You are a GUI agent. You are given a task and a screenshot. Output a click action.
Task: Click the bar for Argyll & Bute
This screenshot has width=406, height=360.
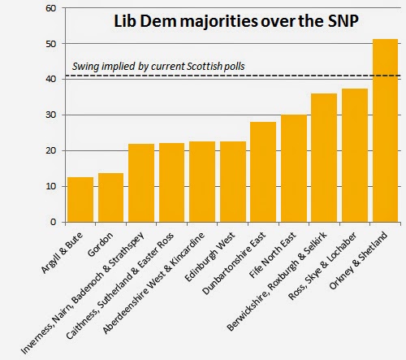[80, 200]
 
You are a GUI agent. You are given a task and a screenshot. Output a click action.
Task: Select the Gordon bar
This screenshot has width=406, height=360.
[110, 197]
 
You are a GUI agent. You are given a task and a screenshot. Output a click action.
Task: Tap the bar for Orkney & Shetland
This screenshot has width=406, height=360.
[386, 131]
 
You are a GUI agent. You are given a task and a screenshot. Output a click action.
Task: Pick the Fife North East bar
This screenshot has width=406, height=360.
[294, 168]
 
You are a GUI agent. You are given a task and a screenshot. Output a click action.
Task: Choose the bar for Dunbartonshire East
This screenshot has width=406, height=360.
[263, 172]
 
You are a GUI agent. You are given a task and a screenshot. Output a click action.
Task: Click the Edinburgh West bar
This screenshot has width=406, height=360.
[233, 182]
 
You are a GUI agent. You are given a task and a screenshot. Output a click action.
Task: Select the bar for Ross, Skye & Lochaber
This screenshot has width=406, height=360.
[355, 155]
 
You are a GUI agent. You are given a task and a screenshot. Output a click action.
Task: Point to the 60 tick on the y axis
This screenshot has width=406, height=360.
[51, 8]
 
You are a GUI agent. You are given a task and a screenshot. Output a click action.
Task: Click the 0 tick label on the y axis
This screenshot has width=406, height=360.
[54, 222]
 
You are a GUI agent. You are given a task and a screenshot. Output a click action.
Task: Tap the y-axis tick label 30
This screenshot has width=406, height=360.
[51, 115]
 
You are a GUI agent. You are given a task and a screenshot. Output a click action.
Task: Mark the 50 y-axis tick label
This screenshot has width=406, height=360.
[51, 44]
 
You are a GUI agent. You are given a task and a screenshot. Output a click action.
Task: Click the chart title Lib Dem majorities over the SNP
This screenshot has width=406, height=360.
[236, 21]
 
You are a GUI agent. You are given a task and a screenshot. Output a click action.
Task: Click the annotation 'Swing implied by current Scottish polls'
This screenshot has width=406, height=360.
[158, 67]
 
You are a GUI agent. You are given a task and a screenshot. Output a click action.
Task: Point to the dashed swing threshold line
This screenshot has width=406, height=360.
[234, 76]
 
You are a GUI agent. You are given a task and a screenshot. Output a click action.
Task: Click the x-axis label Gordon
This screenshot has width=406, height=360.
[101, 245]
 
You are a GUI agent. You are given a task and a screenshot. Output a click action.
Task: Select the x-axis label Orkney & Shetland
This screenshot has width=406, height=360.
[358, 260]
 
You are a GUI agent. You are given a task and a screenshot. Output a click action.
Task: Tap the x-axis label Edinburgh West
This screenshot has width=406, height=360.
[209, 257]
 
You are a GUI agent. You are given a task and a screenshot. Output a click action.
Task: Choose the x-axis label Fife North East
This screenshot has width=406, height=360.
[273, 255]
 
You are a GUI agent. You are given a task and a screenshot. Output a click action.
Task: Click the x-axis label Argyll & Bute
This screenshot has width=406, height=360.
[62, 253]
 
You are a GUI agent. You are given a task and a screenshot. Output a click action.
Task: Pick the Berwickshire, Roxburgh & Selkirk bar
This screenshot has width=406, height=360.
[324, 158]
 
